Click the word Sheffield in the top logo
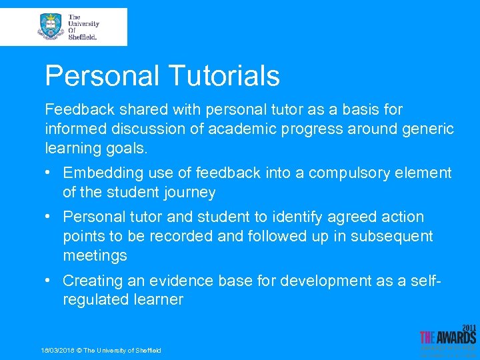[x=83, y=37]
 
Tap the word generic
[x=426, y=128]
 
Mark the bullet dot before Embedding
[x=50, y=173]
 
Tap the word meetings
[x=95, y=256]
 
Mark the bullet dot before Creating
[x=50, y=281]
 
